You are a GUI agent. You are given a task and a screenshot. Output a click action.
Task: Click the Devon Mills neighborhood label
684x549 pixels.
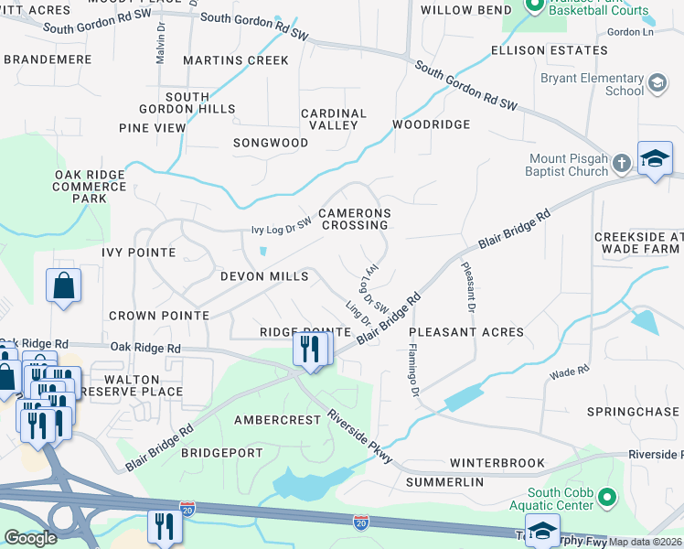point(263,276)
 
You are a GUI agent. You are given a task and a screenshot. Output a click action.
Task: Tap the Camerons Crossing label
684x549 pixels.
point(355,219)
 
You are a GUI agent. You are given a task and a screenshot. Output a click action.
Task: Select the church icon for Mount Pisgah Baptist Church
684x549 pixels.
point(621,164)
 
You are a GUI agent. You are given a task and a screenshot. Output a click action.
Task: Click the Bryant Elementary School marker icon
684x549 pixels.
point(656,85)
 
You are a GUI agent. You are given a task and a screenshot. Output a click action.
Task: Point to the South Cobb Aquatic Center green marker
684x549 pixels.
point(605,498)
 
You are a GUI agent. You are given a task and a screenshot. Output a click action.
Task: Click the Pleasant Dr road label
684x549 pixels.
point(467,285)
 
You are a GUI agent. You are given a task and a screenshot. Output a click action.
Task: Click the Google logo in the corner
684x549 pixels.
point(29,538)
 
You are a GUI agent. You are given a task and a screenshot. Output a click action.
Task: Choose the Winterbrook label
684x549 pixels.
point(497,463)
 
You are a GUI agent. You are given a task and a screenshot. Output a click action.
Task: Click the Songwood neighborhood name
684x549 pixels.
point(271,143)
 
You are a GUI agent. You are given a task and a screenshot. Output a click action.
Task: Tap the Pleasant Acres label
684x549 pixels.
point(466,332)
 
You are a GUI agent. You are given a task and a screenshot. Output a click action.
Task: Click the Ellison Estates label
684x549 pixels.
point(536,49)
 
